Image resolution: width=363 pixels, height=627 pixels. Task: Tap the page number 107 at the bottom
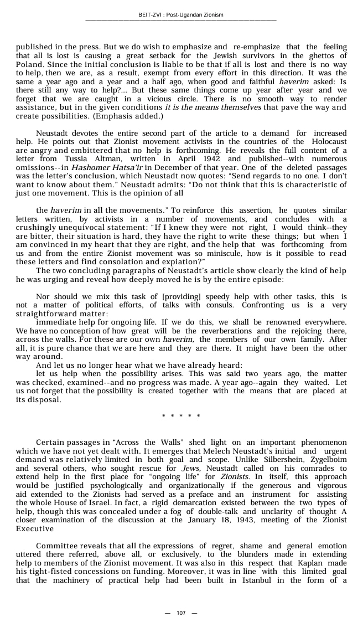click(x=181, y=613)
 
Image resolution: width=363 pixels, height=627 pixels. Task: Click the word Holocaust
click(x=326, y=142)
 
